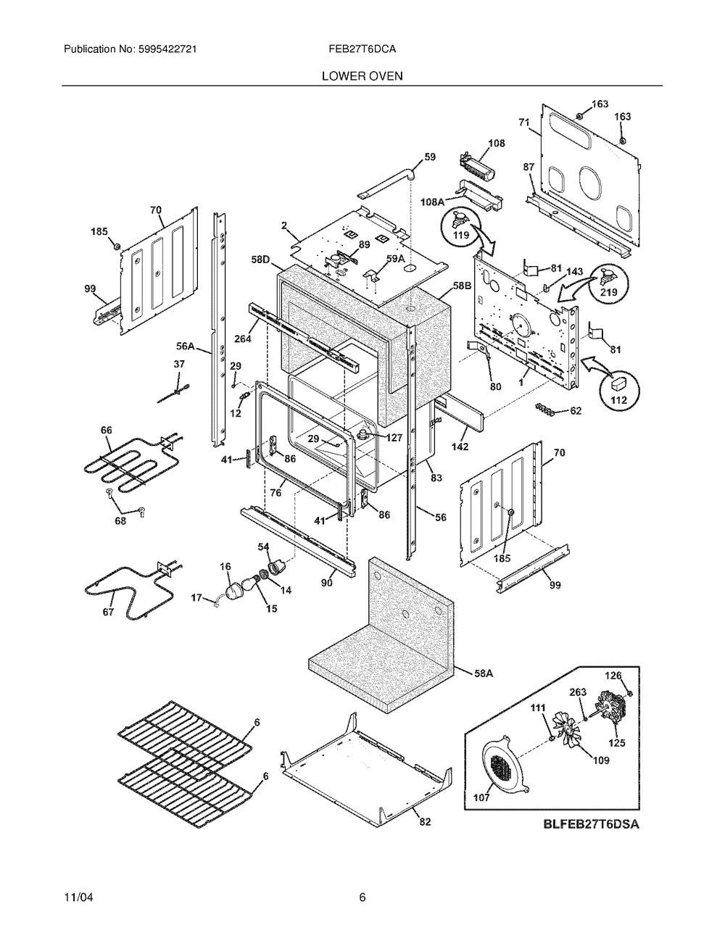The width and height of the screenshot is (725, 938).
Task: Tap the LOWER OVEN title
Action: [362, 76]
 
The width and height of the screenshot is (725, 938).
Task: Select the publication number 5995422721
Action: [167, 49]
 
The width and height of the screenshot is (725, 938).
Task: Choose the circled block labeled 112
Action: [619, 391]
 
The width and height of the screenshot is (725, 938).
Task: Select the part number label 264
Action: [243, 339]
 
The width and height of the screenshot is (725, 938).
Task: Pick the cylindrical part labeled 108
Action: [478, 164]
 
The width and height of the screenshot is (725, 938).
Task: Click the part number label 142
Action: [460, 446]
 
